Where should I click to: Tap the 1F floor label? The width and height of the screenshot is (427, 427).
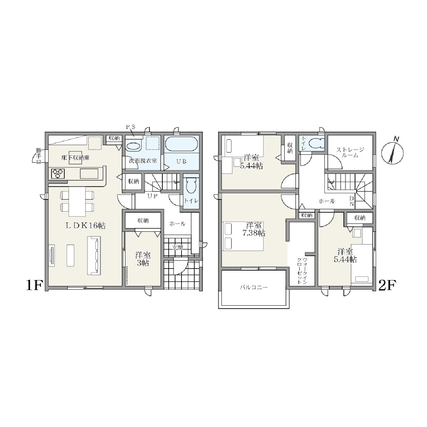pos(34,285)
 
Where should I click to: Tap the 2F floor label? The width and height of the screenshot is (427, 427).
pos(387,285)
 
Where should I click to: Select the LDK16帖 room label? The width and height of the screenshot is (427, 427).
pos(85,226)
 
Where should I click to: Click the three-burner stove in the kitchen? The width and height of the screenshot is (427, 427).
pos(58,173)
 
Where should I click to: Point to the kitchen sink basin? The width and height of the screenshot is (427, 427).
pos(89,173)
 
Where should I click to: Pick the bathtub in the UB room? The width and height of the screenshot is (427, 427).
pos(181,144)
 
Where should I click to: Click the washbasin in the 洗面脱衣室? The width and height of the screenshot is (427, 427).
pos(133,146)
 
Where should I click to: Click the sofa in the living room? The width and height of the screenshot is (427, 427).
pos(95,255)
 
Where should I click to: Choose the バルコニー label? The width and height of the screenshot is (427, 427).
pos(254,288)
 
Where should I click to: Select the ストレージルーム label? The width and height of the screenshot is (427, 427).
pos(350,153)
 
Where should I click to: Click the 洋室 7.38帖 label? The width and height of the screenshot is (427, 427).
pos(254,229)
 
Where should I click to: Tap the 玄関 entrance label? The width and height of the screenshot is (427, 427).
pos(178,248)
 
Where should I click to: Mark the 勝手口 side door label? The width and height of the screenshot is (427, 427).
pos(39,156)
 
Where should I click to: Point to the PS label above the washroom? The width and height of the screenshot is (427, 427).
pos(131,127)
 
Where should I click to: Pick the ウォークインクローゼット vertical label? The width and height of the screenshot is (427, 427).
pos(302,271)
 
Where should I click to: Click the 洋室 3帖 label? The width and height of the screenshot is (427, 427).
pos(143,259)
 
